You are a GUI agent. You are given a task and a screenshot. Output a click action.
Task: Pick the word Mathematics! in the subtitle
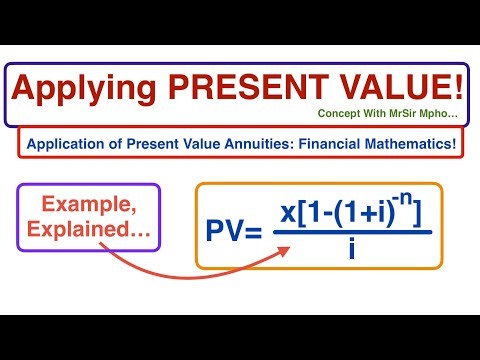point(413,143)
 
